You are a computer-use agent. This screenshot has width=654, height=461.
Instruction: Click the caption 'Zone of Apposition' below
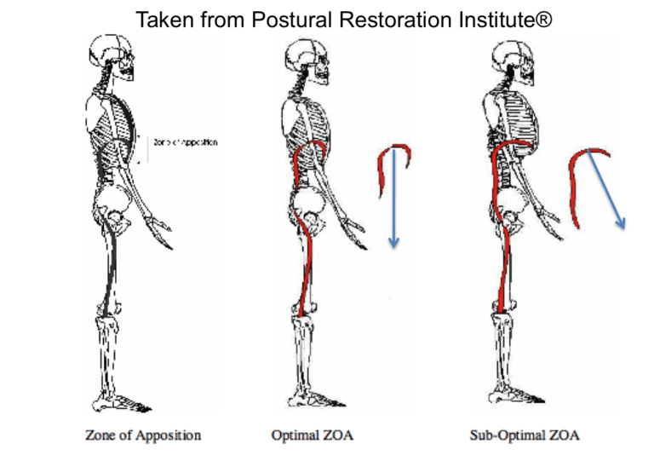click(x=143, y=435)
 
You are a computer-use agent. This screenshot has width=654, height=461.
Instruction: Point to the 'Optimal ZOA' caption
click(x=312, y=435)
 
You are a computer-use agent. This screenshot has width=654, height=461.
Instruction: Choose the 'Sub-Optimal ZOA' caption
click(x=525, y=435)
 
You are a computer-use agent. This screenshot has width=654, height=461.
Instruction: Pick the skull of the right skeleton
click(x=505, y=57)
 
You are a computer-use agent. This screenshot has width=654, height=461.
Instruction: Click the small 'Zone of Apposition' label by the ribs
click(x=185, y=142)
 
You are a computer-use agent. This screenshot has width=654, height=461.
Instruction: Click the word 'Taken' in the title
click(x=167, y=20)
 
